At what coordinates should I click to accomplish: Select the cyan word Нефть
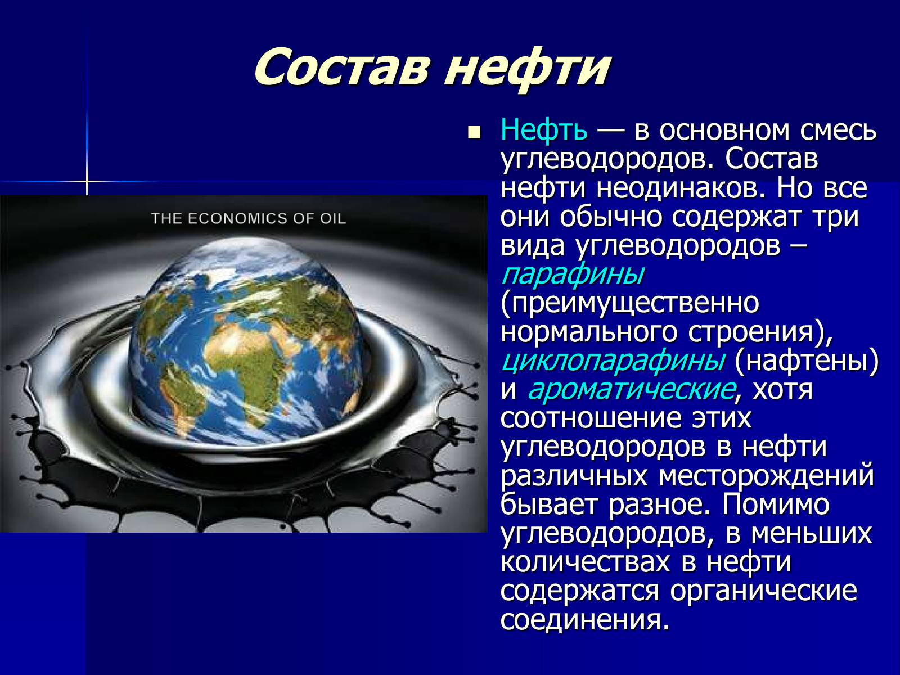(x=544, y=130)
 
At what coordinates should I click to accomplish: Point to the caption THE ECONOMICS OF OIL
(x=249, y=218)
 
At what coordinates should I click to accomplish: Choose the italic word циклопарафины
(x=613, y=362)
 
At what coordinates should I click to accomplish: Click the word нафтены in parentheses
(x=806, y=362)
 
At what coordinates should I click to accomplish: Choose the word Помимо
(x=776, y=505)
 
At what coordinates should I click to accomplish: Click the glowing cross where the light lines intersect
(x=87, y=181)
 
